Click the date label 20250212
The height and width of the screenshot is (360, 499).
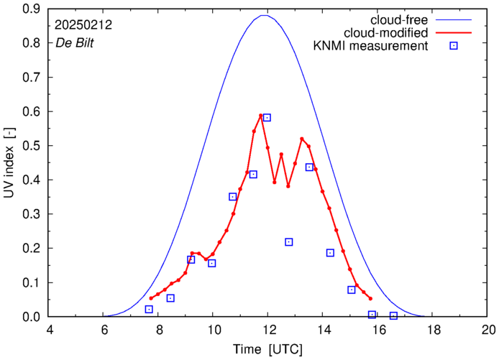[85, 24]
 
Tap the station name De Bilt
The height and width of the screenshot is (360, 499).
[75, 42]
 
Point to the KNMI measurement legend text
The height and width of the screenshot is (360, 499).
[368, 47]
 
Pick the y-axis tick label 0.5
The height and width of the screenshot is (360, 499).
[29, 146]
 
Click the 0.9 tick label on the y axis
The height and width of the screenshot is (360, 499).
[29, 9]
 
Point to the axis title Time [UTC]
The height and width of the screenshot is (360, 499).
[267, 349]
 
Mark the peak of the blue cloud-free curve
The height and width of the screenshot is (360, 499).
[265, 16]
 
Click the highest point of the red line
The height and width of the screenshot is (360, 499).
[261, 116]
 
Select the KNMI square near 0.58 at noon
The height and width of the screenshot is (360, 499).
[267, 117]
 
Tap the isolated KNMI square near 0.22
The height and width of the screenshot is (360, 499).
[288, 242]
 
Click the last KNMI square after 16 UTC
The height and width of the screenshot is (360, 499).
[393, 315]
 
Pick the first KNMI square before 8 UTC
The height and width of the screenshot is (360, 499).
[149, 309]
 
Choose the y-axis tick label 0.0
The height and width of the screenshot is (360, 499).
[29, 317]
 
